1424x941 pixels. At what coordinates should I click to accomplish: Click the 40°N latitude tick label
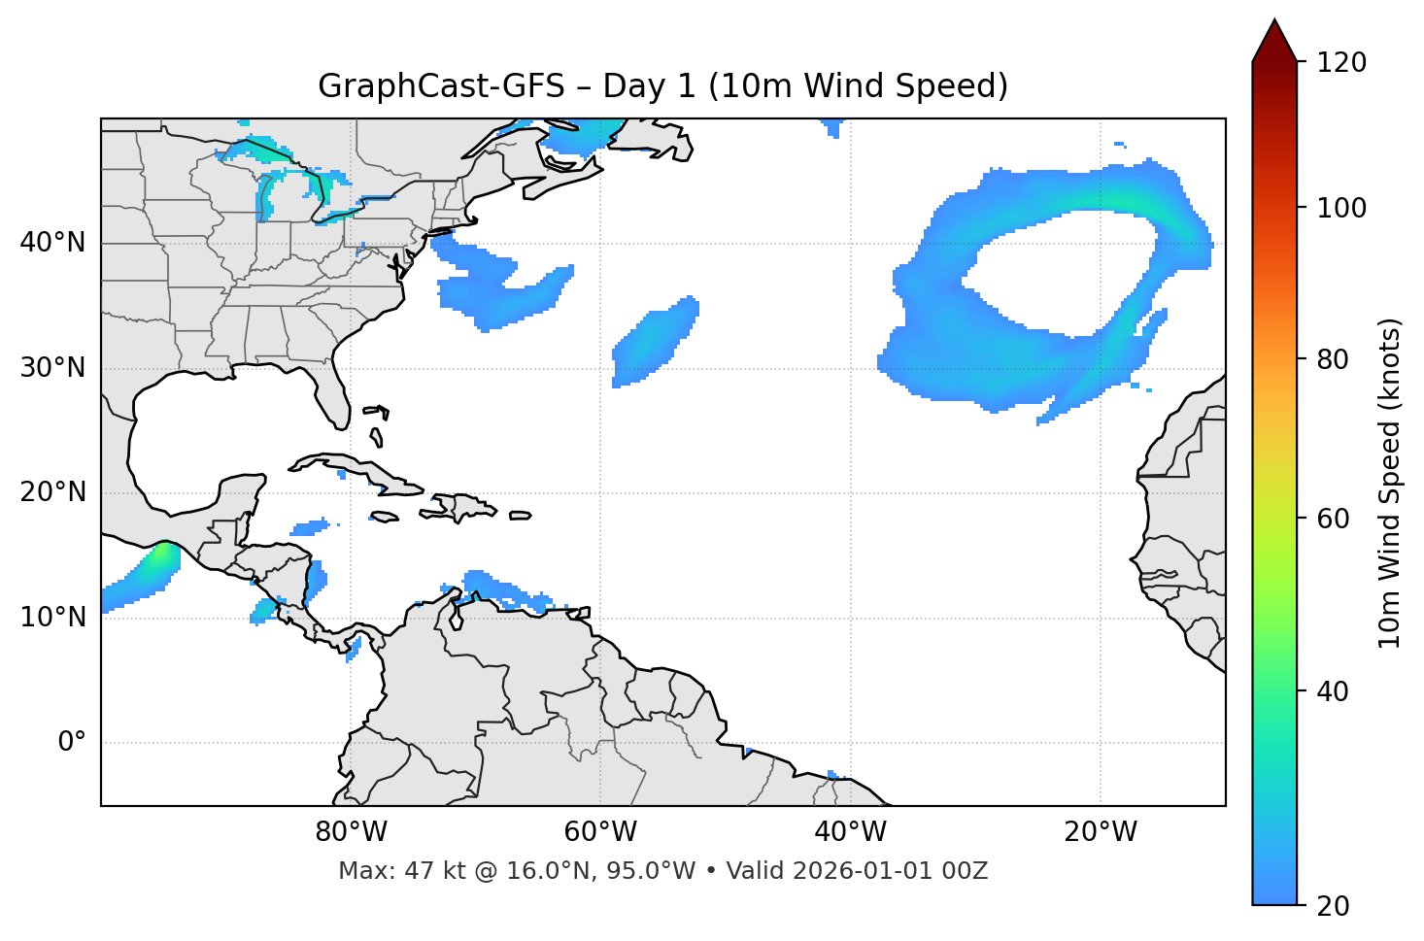pos(52,242)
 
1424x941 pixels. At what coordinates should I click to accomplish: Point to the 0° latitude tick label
pos(72,743)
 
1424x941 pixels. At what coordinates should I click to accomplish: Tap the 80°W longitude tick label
pos(351,832)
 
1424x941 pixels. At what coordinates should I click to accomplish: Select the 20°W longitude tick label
pos(1101,832)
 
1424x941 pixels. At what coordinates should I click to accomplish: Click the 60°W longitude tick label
pos(600,832)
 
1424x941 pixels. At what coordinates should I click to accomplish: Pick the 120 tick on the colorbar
pos(1341,63)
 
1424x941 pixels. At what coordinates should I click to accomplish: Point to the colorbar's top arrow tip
pos(1274,20)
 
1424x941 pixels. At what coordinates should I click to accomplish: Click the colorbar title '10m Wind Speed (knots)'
pos(1390,483)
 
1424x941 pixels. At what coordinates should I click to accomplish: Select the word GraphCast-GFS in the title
pos(441,86)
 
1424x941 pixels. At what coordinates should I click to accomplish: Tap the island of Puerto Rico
pos(521,516)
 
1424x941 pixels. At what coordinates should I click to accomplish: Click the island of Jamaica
pos(385,517)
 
